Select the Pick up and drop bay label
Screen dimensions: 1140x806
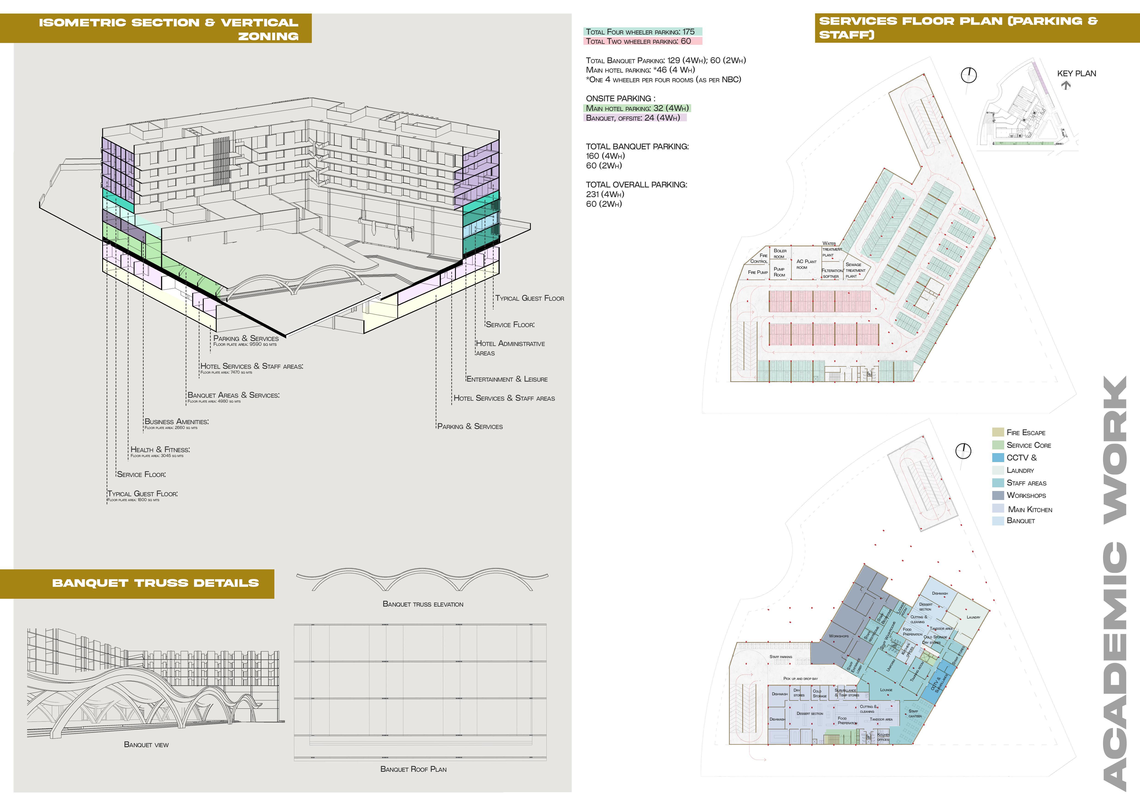click(800, 678)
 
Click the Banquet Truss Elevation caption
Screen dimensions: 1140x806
click(423, 604)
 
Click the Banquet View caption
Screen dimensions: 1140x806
click(146, 744)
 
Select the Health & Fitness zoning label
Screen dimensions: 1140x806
click(160, 450)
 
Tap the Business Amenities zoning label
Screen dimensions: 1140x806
click(176, 421)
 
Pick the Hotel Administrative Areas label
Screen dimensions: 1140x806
click(510, 348)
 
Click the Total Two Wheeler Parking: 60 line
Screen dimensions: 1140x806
click(638, 41)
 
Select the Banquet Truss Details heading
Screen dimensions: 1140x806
click(155, 583)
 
